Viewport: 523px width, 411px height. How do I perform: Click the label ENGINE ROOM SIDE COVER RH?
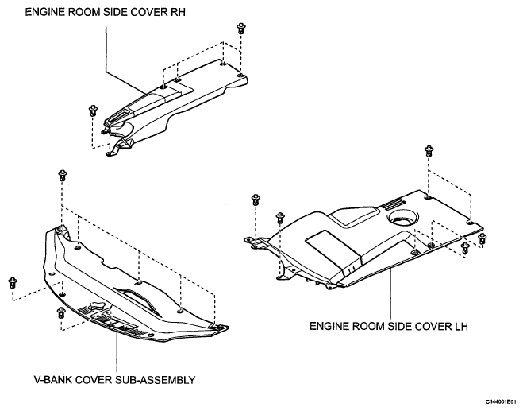[105, 12]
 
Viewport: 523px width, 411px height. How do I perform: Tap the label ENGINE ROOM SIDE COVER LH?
[389, 326]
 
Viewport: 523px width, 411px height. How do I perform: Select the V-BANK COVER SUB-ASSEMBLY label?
[114, 380]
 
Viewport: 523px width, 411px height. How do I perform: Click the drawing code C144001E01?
[502, 401]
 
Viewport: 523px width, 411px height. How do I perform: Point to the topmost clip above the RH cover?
[240, 28]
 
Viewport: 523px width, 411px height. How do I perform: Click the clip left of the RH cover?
[93, 111]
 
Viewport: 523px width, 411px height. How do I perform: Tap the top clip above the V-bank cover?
[63, 175]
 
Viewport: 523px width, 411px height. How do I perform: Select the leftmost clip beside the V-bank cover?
[13, 283]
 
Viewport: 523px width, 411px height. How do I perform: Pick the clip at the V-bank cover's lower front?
[61, 312]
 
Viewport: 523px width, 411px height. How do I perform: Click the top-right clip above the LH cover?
[429, 151]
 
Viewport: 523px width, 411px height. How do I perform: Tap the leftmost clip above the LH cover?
[256, 200]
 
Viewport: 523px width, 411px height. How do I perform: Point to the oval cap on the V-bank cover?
[98, 306]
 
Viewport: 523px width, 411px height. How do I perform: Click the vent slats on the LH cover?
[394, 204]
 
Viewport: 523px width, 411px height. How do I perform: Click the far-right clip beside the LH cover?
[483, 239]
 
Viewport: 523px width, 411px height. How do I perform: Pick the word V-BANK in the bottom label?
[52, 380]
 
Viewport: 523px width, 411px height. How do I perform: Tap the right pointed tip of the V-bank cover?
[228, 328]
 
